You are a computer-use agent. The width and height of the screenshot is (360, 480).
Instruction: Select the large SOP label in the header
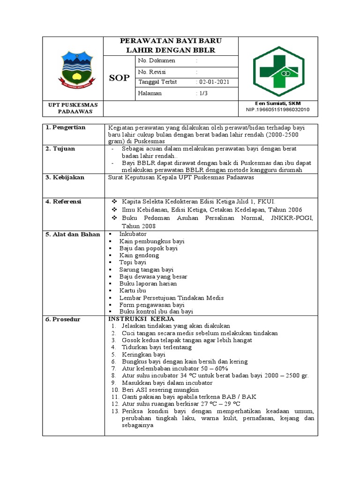click(119, 78)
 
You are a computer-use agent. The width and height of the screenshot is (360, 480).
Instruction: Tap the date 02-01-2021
click(214, 82)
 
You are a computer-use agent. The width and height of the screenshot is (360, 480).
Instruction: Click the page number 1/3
click(204, 93)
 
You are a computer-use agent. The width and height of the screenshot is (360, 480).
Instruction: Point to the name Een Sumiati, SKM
click(278, 103)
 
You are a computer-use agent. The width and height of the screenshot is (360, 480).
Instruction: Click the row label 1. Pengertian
click(66, 127)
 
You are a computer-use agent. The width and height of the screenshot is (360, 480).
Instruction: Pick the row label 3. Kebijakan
click(65, 178)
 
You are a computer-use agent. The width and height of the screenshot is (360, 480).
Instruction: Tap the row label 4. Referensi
click(64, 202)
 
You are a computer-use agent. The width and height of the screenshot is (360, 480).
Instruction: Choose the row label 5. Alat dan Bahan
click(73, 234)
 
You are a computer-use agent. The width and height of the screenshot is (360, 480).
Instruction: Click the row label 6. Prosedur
click(63, 319)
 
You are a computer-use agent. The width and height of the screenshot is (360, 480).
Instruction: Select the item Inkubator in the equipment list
click(133, 234)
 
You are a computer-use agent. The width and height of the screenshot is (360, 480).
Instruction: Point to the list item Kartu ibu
click(133, 291)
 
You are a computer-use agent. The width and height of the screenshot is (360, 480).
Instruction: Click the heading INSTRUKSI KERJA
click(135, 319)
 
